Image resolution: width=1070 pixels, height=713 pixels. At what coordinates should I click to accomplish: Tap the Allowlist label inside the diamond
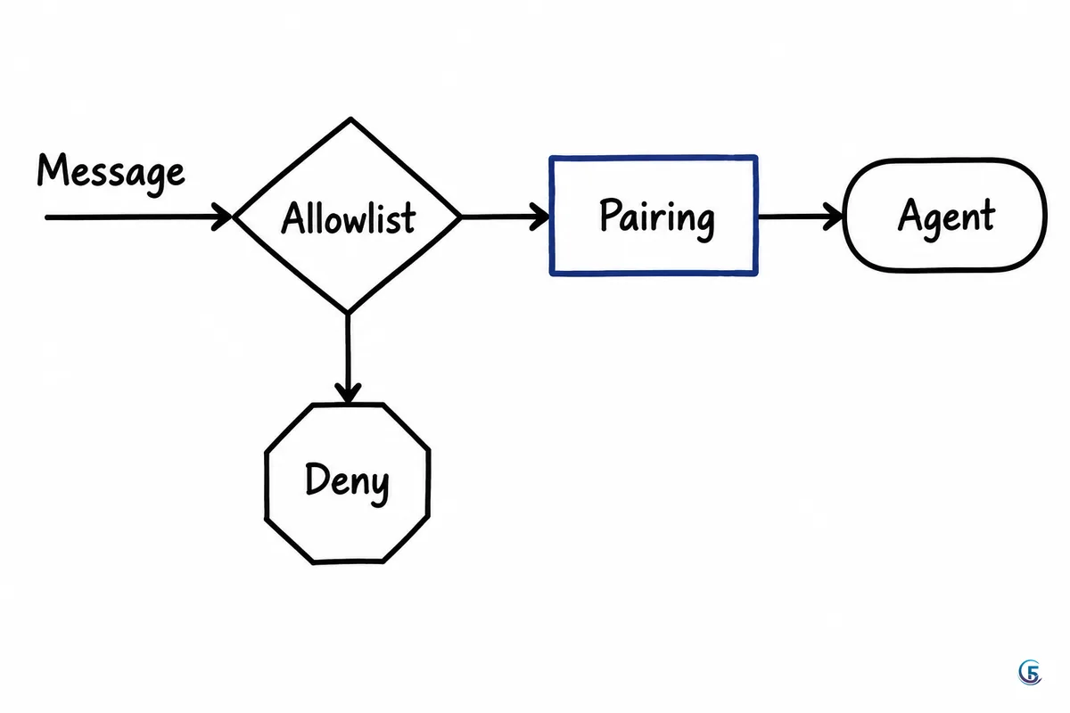click(349, 217)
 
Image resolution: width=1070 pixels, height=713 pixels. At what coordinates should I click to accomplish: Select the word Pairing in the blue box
click(657, 218)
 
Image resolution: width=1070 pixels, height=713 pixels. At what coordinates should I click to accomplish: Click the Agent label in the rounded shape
click(946, 218)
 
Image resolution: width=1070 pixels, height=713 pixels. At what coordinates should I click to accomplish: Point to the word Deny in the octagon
click(347, 483)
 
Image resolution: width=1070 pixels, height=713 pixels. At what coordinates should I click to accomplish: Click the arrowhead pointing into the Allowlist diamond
click(222, 217)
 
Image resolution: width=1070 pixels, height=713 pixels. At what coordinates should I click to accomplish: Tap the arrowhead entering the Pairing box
click(539, 217)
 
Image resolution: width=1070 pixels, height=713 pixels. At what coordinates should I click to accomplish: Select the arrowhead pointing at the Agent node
click(833, 217)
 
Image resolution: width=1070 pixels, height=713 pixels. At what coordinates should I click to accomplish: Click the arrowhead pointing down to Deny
click(348, 394)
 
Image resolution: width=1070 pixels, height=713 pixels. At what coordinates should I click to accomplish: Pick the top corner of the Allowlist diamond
click(350, 119)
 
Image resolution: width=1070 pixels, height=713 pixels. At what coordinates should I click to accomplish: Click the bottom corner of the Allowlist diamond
click(349, 313)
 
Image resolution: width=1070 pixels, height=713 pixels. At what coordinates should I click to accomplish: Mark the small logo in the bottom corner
click(1030, 672)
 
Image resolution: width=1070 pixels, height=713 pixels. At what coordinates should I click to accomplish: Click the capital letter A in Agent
click(909, 215)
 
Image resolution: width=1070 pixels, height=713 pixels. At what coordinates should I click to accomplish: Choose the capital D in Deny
click(317, 478)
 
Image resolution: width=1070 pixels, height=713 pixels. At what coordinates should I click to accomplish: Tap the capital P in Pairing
click(611, 214)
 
